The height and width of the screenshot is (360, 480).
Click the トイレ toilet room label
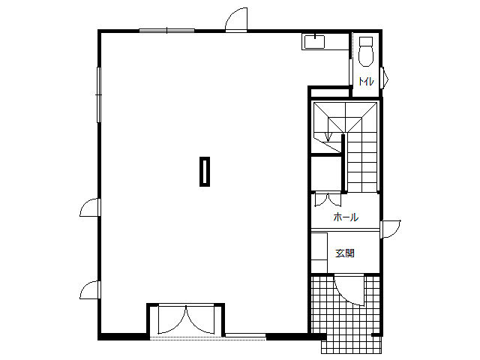[366, 82]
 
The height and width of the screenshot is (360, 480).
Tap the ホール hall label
[346, 217]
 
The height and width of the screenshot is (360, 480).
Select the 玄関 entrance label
[345, 253]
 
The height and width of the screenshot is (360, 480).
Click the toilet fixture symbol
[366, 52]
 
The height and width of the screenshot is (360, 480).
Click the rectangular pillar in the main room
[205, 172]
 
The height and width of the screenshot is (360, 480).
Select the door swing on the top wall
[236, 19]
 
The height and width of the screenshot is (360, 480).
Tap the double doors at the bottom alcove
[186, 319]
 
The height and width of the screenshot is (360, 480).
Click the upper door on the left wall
[90, 207]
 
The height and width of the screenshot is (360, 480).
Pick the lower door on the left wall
[90, 290]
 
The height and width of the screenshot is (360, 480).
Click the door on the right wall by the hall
[390, 229]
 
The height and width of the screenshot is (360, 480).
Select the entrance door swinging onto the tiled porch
[349, 290]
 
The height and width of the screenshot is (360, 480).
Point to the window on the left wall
[99, 94]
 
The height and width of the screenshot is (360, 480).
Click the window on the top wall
[166, 30]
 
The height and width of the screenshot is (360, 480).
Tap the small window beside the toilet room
[384, 78]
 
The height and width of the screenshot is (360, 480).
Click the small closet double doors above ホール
[328, 199]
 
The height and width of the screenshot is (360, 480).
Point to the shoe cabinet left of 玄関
[319, 253]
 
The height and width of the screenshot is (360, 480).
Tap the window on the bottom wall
[245, 336]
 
